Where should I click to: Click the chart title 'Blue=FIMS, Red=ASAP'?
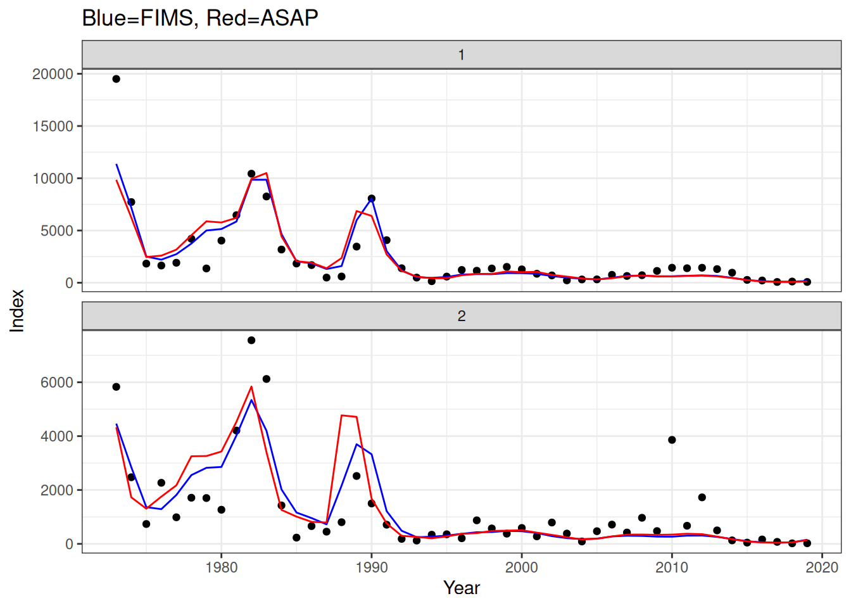tap(200, 18)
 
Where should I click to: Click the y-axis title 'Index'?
tap(17, 310)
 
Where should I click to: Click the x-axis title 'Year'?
tap(462, 588)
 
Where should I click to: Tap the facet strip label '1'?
tap(462, 55)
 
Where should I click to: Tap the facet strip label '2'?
tap(462, 316)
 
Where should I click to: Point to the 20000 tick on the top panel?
tap(53, 74)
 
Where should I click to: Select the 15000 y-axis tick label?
tap(53, 127)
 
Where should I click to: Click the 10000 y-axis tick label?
tap(53, 179)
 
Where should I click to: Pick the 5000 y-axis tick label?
tap(57, 231)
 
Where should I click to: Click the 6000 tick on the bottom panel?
tap(57, 383)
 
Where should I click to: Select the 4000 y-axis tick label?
tap(57, 436)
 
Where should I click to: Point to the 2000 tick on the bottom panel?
tap(57, 490)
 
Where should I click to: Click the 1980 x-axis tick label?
tap(221, 567)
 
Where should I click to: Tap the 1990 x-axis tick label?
tap(372, 567)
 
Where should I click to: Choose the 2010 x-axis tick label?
tap(672, 567)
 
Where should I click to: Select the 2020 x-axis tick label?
tap(822, 567)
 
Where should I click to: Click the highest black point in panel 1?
tap(117, 79)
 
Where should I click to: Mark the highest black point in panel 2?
tap(251, 340)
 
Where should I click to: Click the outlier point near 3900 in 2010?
tap(672, 440)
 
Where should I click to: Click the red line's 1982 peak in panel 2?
tap(251, 387)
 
